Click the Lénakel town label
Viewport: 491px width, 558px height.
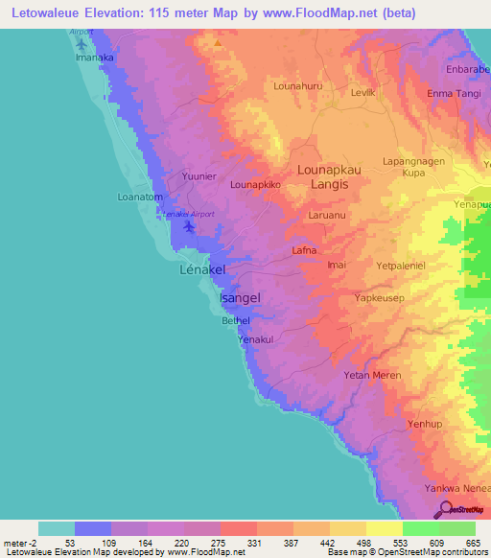[202, 271]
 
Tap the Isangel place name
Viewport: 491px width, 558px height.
[240, 298]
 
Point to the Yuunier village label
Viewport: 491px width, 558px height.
[201, 175]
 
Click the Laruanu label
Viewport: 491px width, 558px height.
[329, 217]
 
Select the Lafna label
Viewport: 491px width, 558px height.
[304, 250]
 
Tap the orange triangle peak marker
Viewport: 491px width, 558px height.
[219, 43]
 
